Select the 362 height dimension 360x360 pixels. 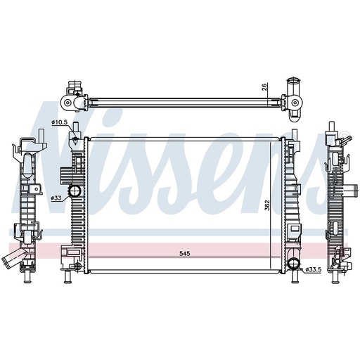pos(268,205)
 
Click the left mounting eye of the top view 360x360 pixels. pos(68,103)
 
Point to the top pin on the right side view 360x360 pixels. pos(329,129)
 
